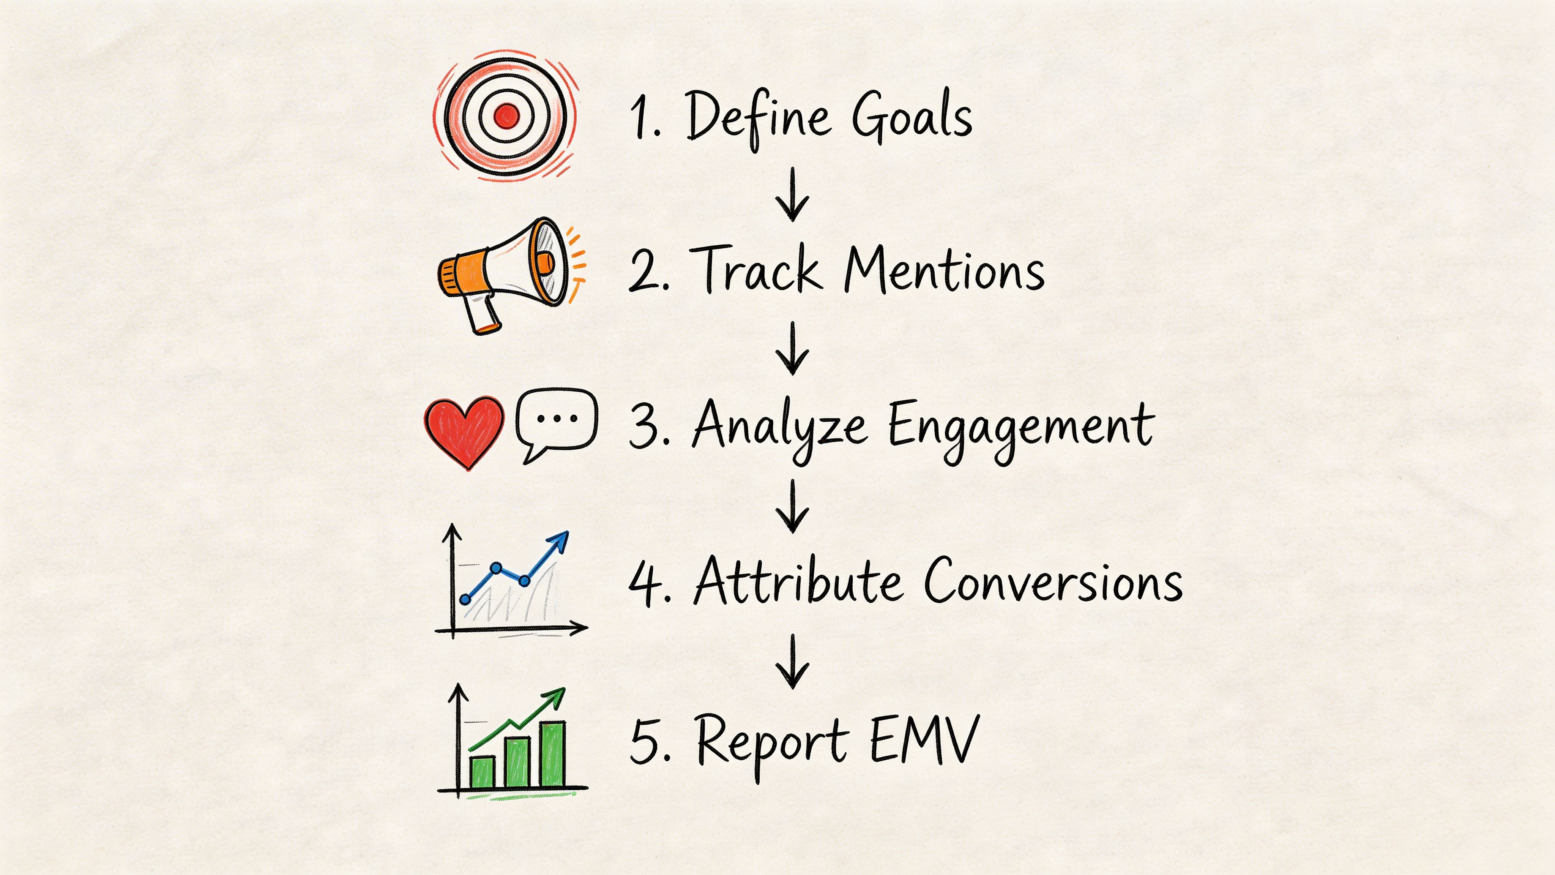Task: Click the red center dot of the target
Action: [506, 115]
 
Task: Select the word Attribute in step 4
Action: [798, 581]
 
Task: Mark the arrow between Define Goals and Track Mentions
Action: [792, 194]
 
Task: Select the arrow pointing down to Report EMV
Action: [792, 662]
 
